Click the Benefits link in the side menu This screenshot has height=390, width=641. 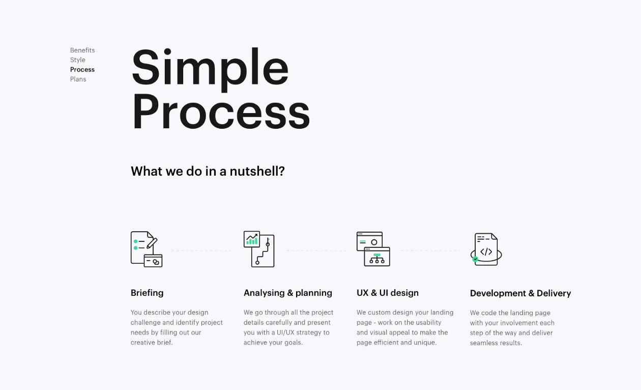(x=82, y=50)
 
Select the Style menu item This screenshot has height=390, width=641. (x=77, y=60)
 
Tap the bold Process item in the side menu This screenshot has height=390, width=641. (x=82, y=70)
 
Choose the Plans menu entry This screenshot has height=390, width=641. (x=78, y=79)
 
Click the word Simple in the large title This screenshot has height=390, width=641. (x=210, y=70)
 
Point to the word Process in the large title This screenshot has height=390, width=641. (x=221, y=112)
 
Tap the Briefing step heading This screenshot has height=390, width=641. (x=147, y=293)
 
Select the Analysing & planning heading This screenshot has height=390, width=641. (x=288, y=293)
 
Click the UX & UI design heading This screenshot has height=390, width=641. (x=388, y=293)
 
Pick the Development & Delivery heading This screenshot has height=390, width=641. (x=520, y=293)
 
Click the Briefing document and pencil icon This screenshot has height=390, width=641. (x=147, y=249)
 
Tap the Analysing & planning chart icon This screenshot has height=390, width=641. (x=259, y=249)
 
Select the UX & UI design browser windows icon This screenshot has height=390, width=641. (x=373, y=249)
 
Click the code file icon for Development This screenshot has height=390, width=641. (x=486, y=249)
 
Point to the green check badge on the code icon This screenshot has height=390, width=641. (x=475, y=259)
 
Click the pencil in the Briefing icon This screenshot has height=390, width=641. (x=152, y=243)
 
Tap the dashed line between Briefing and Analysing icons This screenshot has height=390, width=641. (x=201, y=251)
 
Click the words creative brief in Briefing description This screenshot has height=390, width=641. (x=152, y=343)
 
